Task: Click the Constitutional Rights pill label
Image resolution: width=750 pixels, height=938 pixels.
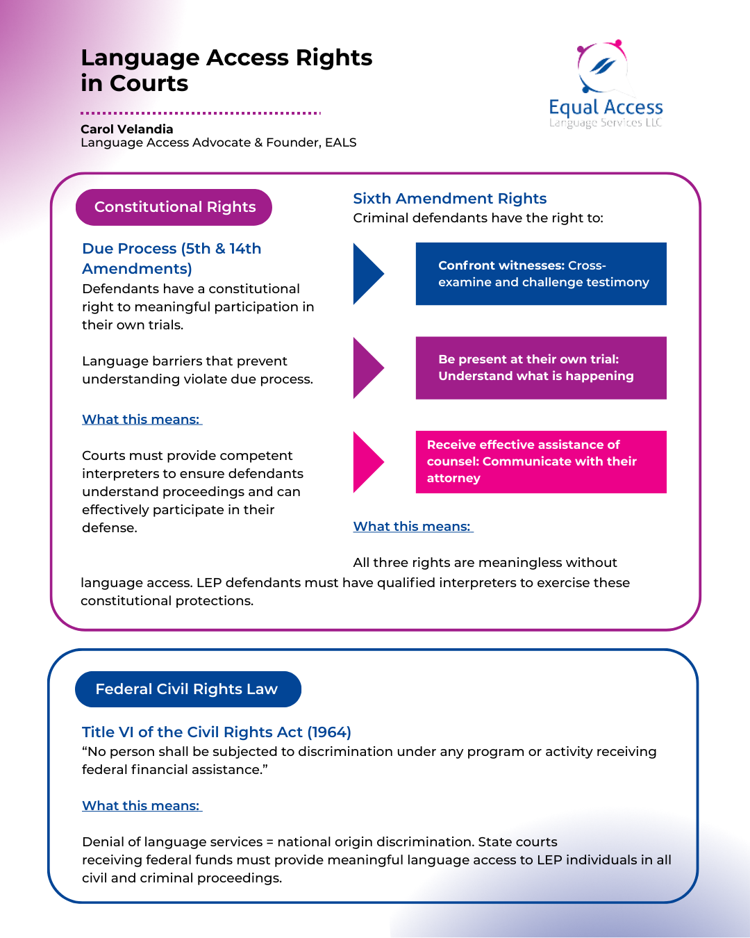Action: [174, 207]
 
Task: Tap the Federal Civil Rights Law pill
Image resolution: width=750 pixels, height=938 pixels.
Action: [187, 689]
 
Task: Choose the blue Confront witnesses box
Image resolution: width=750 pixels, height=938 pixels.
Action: [541, 274]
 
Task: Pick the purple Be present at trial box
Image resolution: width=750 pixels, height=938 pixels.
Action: [541, 368]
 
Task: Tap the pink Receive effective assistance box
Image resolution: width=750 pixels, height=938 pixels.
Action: [541, 462]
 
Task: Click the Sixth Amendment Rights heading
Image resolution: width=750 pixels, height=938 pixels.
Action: [449, 199]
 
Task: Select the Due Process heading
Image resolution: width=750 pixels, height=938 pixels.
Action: [172, 258]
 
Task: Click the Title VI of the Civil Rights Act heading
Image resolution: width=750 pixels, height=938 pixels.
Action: [216, 732]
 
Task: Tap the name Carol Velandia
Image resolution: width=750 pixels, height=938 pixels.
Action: [127, 129]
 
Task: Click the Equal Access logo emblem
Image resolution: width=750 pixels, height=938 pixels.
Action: [602, 67]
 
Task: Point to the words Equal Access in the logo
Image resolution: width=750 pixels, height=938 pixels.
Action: [606, 108]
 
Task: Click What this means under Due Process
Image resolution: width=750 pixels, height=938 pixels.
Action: [141, 420]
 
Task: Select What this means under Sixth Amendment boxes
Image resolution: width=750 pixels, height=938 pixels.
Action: [412, 527]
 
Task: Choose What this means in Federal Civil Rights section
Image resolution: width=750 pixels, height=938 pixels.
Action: [141, 806]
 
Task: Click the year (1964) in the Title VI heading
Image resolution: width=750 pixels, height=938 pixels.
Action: [329, 732]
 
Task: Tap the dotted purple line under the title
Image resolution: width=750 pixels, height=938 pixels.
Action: [200, 113]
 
